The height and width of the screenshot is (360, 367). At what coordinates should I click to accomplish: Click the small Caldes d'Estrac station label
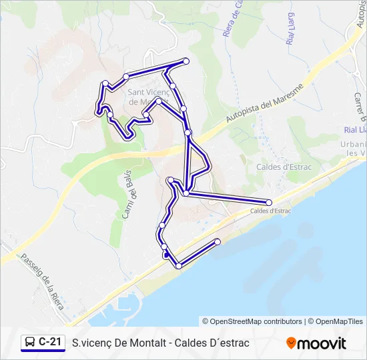[270, 211]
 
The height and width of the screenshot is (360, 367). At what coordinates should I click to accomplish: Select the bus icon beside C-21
[30, 343]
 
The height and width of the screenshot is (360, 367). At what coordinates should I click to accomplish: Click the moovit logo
[316, 343]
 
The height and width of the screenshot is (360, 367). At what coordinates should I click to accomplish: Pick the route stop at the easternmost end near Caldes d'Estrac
[269, 202]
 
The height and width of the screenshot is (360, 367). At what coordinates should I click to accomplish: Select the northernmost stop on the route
[186, 61]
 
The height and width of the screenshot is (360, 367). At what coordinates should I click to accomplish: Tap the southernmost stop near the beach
[179, 266]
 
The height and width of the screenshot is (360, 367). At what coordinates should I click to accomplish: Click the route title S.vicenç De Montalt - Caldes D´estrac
[160, 343]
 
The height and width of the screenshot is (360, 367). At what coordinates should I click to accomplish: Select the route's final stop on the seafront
[218, 241]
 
